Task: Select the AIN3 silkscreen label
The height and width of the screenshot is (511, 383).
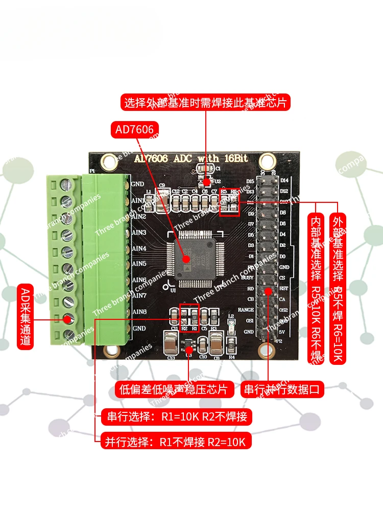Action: pyautogui.click(x=139, y=233)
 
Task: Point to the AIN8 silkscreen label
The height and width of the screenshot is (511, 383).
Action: pyautogui.click(x=139, y=312)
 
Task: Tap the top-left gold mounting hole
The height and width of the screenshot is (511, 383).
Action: pyautogui.click(x=108, y=161)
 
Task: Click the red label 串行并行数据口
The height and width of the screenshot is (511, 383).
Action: pyautogui.click(x=282, y=390)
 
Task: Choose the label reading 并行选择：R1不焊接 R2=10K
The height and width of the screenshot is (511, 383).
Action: pyautogui.click(x=176, y=440)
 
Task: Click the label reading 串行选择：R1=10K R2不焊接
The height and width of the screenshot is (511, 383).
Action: pyautogui.click(x=176, y=417)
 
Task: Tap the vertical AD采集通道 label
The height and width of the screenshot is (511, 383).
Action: pyautogui.click(x=26, y=316)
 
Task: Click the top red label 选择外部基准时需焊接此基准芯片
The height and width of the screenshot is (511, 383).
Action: pyautogui.click(x=206, y=102)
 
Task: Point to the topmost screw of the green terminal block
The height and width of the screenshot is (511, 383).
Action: pyautogui.click(x=66, y=183)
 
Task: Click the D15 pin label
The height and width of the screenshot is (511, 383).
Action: pyautogui.click(x=250, y=181)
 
